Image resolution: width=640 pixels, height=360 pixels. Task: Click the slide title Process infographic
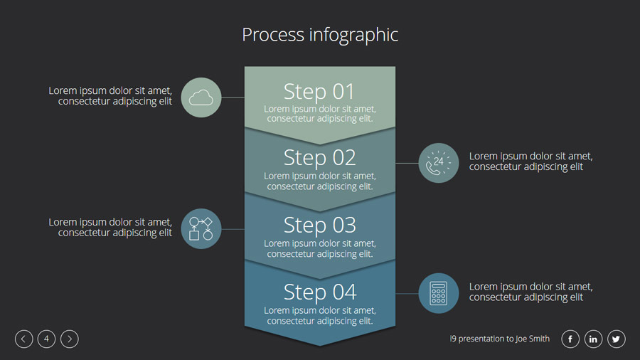[x=320, y=35]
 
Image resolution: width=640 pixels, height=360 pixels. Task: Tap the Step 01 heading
[x=319, y=92]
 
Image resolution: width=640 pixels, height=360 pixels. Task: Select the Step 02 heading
[x=319, y=157]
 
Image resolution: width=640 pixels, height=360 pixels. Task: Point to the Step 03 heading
[x=319, y=225]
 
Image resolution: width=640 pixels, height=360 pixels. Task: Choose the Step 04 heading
[x=319, y=292]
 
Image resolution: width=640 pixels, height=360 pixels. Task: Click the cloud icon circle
[x=201, y=97]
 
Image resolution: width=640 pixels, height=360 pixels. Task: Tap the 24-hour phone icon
[x=439, y=163]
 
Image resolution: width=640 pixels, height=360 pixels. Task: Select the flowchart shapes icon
[x=201, y=228]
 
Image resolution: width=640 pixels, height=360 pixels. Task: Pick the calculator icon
[x=439, y=293]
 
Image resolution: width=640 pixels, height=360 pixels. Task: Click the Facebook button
[x=570, y=339]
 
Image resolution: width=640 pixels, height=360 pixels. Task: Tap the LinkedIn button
[x=594, y=339]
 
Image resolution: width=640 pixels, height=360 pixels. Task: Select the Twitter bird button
[x=617, y=339]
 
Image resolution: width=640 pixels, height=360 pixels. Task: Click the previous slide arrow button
[x=23, y=339]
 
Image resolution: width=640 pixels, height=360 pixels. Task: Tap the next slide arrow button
[x=70, y=339]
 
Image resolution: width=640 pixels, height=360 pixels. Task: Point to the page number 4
[x=46, y=339]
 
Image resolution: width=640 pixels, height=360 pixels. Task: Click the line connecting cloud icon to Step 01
[x=233, y=97]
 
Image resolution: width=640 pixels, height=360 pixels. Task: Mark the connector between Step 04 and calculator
[x=407, y=293]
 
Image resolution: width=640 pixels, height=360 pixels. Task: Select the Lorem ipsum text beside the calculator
[x=530, y=292]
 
